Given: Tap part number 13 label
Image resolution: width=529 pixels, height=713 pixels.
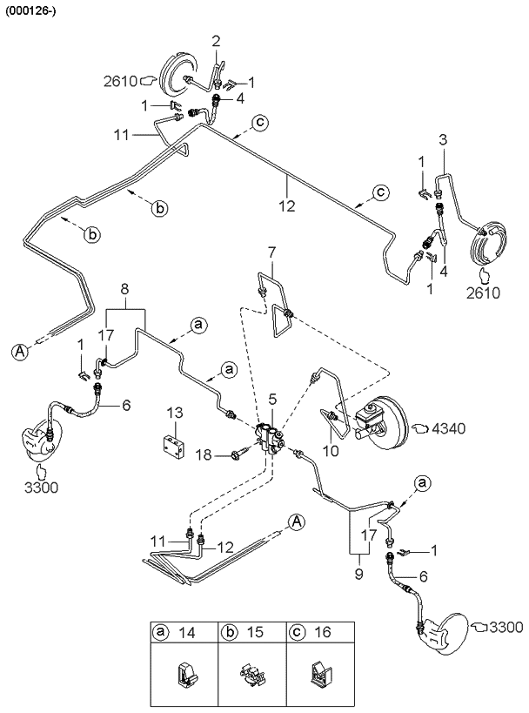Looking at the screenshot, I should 174,412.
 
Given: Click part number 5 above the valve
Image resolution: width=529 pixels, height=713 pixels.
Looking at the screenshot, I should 272,399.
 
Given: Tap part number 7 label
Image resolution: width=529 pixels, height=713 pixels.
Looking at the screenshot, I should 271,252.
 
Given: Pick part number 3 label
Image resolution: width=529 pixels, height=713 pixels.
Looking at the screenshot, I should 443,139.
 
